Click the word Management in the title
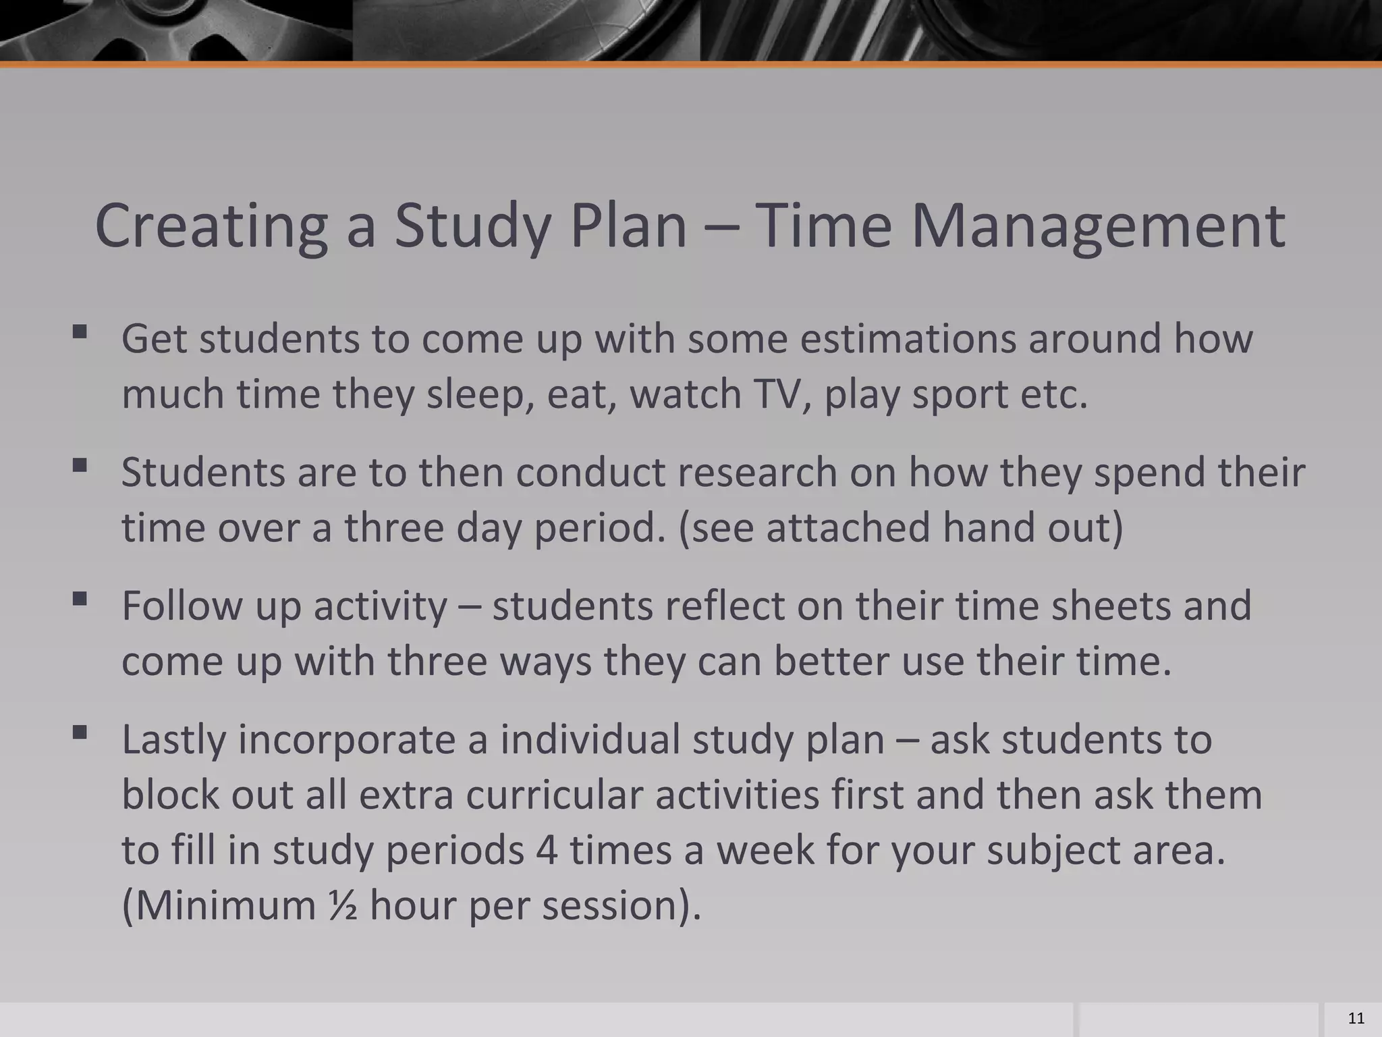pyautogui.click(x=1098, y=227)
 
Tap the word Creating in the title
pyautogui.click(x=211, y=227)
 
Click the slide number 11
pyautogui.click(x=1355, y=1019)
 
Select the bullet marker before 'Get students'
pyautogui.click(x=80, y=331)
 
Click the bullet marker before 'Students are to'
pyautogui.click(x=80, y=465)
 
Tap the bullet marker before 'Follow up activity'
pyautogui.click(x=80, y=599)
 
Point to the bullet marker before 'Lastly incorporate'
pyautogui.click(x=80, y=733)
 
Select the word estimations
pyautogui.click(x=908, y=339)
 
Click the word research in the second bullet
pyautogui.click(x=757, y=473)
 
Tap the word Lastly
pyautogui.click(x=173, y=740)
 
